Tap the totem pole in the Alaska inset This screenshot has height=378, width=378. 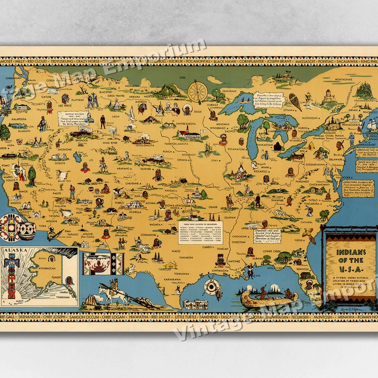[10, 274]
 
